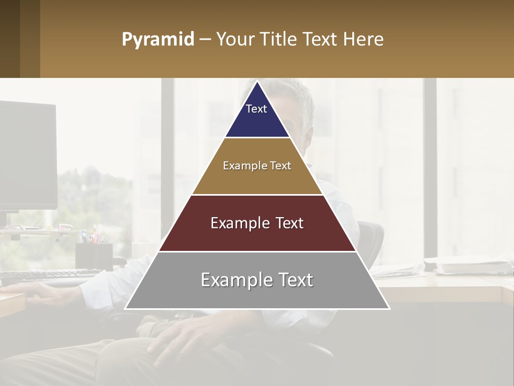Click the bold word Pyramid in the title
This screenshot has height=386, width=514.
click(x=157, y=40)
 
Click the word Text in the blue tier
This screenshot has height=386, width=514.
click(x=256, y=109)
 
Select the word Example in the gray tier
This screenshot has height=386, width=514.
click(x=233, y=280)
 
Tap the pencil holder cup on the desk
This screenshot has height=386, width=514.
click(x=94, y=255)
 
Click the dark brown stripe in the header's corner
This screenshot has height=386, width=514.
click(x=10, y=39)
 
